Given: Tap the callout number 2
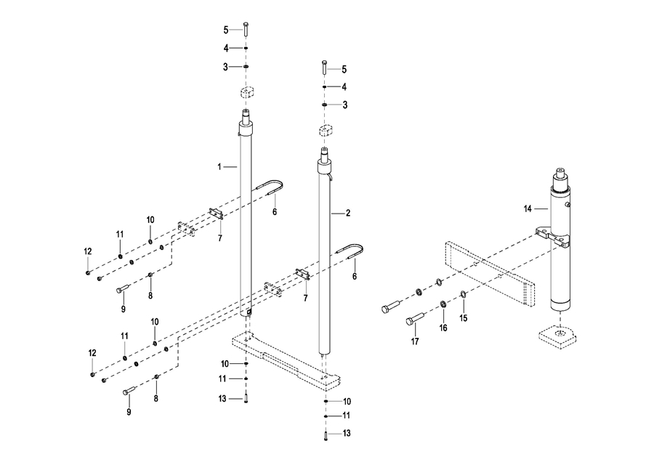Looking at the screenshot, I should [x=347, y=214].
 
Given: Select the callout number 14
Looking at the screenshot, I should [x=528, y=209].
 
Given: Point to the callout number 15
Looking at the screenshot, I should [x=464, y=317].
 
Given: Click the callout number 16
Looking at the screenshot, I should [x=443, y=328].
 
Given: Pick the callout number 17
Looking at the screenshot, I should [x=416, y=341].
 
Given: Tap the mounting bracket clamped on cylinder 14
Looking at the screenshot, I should [x=555, y=234].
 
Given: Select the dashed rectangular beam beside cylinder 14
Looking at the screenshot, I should [x=490, y=269].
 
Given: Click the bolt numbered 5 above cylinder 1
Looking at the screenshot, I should [x=247, y=29].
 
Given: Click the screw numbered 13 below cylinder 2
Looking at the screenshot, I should [x=326, y=435].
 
